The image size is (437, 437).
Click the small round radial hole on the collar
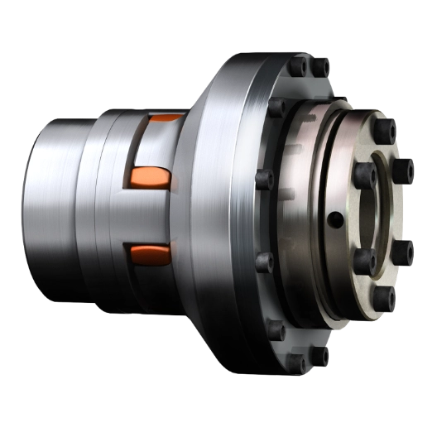coord(334,219)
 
